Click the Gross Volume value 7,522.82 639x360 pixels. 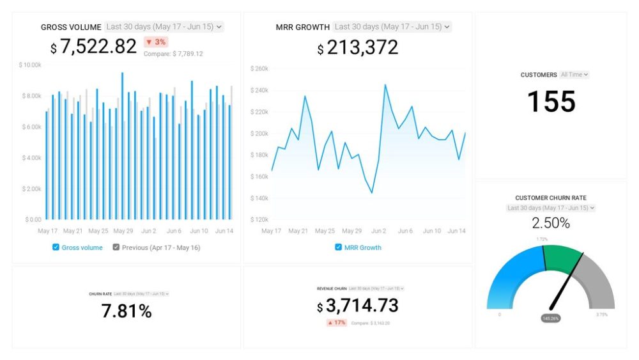[98, 47]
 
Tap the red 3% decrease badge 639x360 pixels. [156, 42]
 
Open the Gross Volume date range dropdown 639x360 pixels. [164, 27]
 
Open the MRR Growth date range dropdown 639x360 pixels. [392, 27]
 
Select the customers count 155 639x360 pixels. [551, 102]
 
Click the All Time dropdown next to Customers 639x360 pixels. [574, 75]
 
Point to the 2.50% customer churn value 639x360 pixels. [550, 223]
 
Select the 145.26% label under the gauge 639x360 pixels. [550, 318]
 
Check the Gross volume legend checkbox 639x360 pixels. [56, 247]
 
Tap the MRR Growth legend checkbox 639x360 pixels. [338, 247]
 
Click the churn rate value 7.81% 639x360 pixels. [127, 311]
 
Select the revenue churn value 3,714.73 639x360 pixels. [362, 306]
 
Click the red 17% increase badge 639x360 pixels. [337, 323]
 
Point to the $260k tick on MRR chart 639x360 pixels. [259, 68]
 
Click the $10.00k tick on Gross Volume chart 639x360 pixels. [30, 65]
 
